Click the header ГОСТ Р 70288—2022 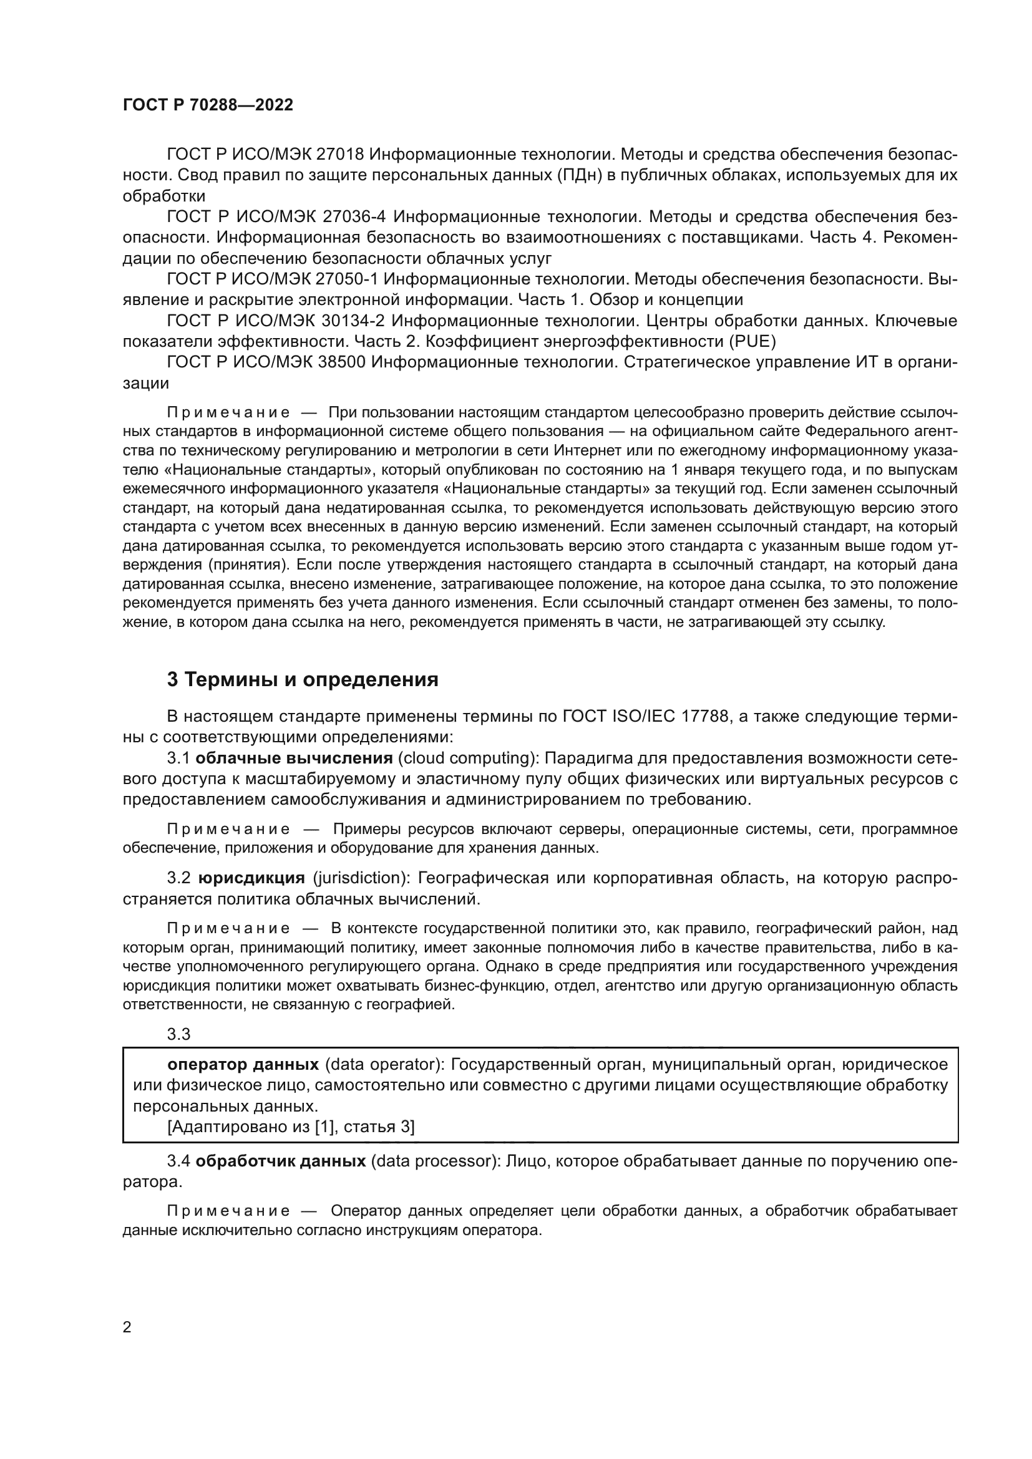pyautogui.click(x=208, y=105)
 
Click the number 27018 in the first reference pyautogui.click(x=340, y=155)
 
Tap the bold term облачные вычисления pyautogui.click(x=294, y=758)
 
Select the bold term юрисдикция pyautogui.click(x=251, y=878)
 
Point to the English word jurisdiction pyautogui.click(x=359, y=878)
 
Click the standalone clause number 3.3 pyautogui.click(x=178, y=1034)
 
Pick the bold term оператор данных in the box pyautogui.click(x=243, y=1064)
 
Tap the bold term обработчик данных pyautogui.click(x=280, y=1161)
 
